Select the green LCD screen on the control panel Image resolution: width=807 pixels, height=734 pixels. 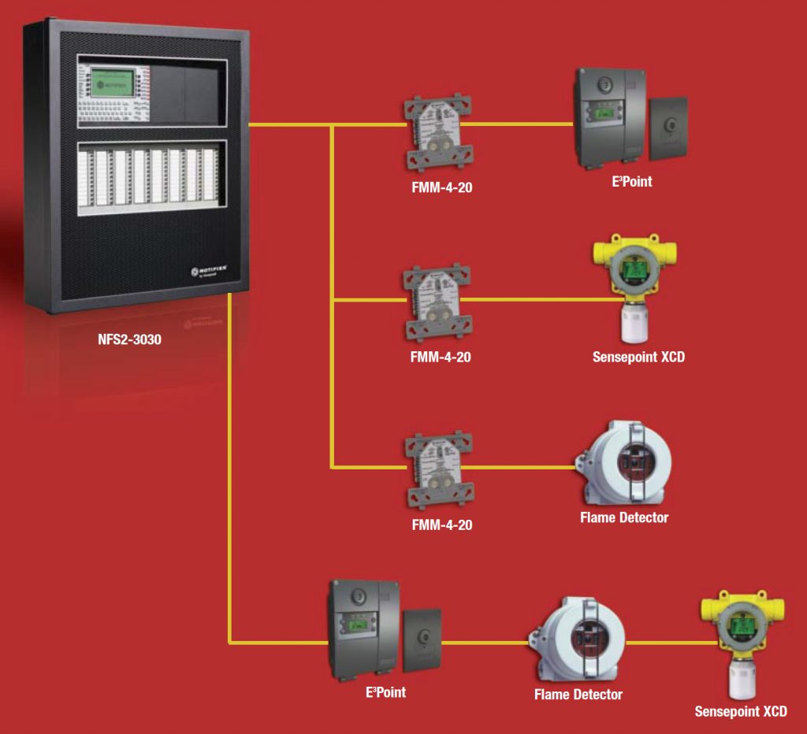[110, 81]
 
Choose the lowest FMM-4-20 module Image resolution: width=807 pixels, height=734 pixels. [438, 469]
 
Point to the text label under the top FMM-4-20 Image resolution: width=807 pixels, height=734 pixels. [441, 189]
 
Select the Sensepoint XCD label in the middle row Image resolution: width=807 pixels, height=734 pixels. [638, 357]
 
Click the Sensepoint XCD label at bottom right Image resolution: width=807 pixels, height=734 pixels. [740, 712]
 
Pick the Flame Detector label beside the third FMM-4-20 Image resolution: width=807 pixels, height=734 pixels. [624, 517]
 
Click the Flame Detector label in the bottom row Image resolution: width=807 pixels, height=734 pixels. [578, 695]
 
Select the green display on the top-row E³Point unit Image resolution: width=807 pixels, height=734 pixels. [604, 114]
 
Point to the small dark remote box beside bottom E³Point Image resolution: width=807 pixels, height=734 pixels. [422, 639]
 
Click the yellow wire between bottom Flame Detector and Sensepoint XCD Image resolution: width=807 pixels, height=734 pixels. [664, 643]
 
